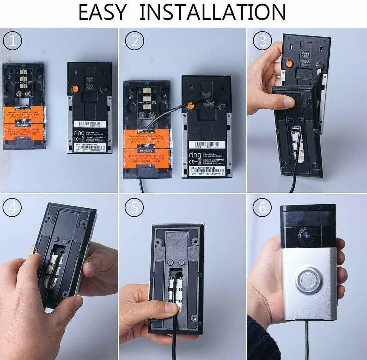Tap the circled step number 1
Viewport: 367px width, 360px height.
tap(12, 41)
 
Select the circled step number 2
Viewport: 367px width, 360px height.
tap(135, 41)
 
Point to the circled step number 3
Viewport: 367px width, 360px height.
tap(263, 41)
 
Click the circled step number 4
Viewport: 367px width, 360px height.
tap(12, 208)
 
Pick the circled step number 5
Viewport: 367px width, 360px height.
tap(135, 208)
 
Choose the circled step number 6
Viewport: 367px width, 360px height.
tap(263, 208)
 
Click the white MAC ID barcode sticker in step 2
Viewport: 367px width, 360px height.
tap(205, 145)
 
